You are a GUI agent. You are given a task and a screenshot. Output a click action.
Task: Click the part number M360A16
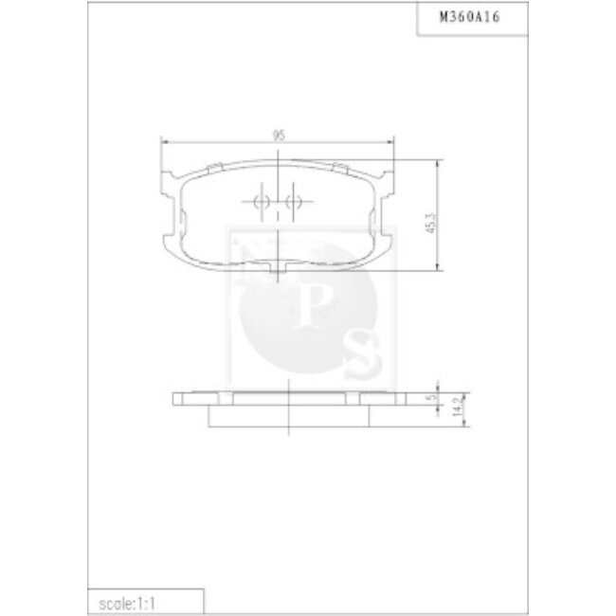tap(472, 16)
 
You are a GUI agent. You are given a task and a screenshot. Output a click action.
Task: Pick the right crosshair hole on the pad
tap(292, 201)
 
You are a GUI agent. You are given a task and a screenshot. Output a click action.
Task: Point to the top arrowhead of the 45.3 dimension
tap(437, 164)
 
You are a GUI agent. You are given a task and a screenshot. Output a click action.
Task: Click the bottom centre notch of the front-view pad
tap(278, 273)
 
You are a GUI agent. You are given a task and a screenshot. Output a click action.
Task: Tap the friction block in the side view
tap(285, 414)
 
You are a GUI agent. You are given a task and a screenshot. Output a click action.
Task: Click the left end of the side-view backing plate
tap(176, 398)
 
